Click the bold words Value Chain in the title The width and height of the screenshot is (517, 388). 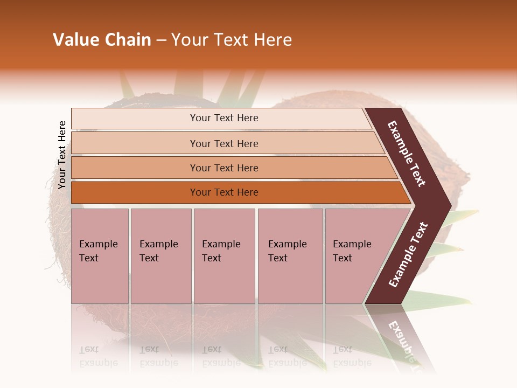click(x=102, y=40)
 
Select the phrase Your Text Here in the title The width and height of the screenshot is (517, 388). click(x=232, y=40)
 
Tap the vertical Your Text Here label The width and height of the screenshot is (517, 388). click(x=62, y=155)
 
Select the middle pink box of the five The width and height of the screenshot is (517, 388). click(x=224, y=256)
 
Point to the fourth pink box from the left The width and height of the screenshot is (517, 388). click(x=290, y=256)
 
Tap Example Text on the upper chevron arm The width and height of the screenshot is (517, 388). click(x=407, y=154)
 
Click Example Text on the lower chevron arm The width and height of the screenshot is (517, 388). click(x=408, y=255)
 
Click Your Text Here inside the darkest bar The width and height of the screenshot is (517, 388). click(x=224, y=192)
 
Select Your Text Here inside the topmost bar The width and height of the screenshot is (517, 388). click(x=224, y=118)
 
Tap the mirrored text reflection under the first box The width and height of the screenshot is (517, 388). click(x=98, y=356)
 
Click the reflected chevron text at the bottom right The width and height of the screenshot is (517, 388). click(x=401, y=339)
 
